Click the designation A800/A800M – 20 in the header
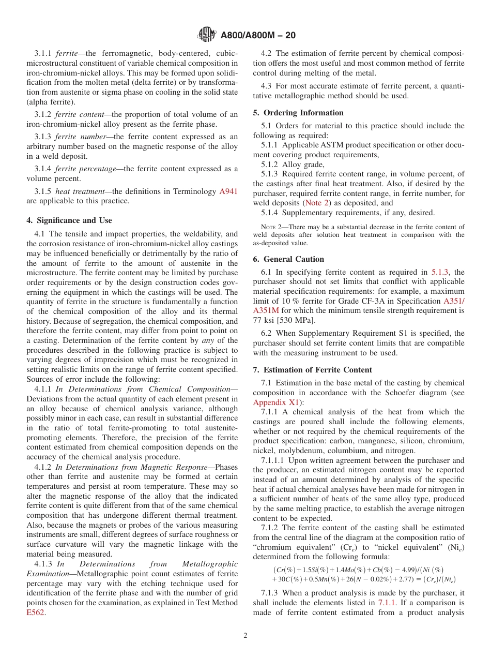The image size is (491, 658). (x=258, y=36)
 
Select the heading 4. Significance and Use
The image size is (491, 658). (x=69, y=220)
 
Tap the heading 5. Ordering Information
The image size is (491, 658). (x=298, y=113)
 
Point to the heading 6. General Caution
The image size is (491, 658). (x=288, y=259)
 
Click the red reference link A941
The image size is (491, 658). (x=228, y=191)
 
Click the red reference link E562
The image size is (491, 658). (x=36, y=597)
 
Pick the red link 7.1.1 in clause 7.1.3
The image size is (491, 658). (x=387, y=588)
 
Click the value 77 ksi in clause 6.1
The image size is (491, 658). (x=265, y=320)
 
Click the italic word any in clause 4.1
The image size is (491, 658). (x=207, y=340)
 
